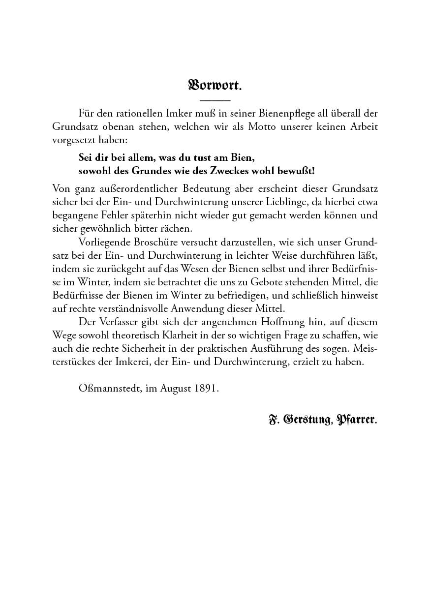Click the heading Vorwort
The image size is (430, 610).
pos(215,85)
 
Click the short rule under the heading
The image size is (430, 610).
pos(215,100)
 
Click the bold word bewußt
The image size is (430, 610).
pos(296,171)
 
